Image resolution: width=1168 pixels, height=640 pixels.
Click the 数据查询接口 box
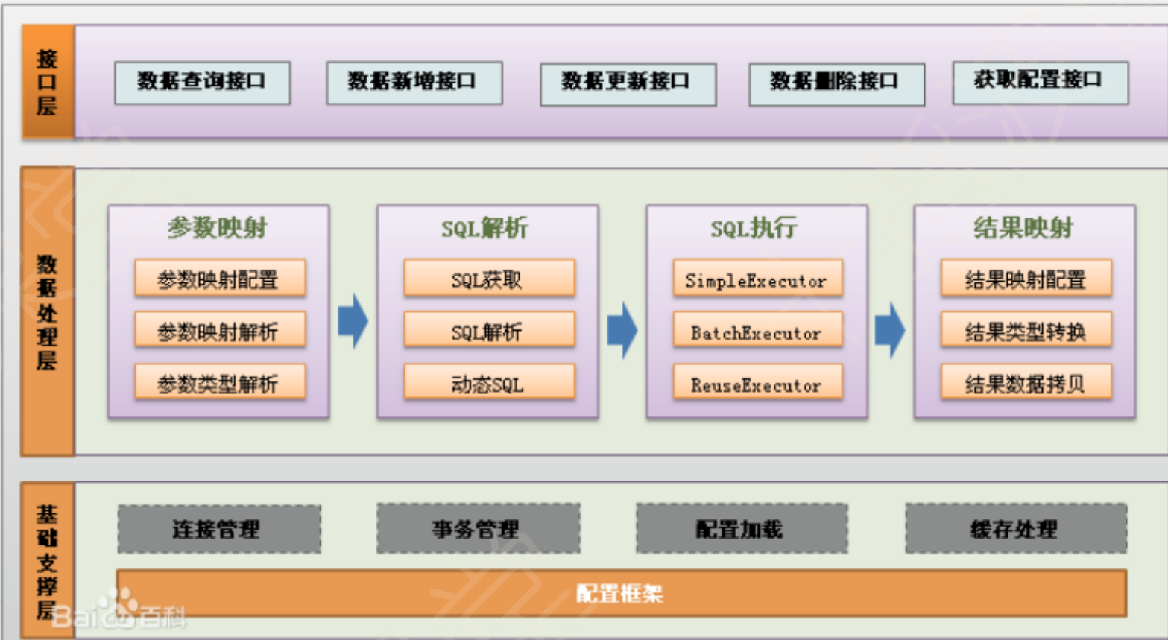pyautogui.click(x=202, y=82)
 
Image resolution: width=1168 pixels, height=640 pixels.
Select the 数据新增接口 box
pyautogui.click(x=414, y=82)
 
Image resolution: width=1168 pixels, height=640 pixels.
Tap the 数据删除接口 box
pyautogui.click(x=836, y=83)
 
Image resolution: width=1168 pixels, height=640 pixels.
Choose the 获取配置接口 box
pyautogui.click(x=1040, y=81)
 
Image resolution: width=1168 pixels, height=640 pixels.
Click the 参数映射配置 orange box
pyautogui.click(x=220, y=279)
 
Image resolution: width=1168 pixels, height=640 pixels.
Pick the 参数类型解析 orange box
pyautogui.click(x=220, y=383)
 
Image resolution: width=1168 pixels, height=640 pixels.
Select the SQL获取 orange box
pyautogui.click(x=489, y=279)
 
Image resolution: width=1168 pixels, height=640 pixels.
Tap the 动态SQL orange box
pyautogui.click(x=489, y=383)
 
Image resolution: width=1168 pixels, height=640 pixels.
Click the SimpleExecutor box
pyautogui.click(x=757, y=279)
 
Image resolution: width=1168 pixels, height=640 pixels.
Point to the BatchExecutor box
pyautogui.click(x=757, y=332)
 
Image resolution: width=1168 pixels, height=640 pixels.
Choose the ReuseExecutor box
pyautogui.click(x=757, y=383)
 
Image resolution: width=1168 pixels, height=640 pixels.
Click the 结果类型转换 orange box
pyautogui.click(x=1026, y=332)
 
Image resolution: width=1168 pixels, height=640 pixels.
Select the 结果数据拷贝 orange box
pyautogui.click(x=1026, y=383)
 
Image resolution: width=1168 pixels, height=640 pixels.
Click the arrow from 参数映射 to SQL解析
pyautogui.click(x=353, y=321)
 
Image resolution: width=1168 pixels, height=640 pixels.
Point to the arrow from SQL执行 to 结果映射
pyautogui.click(x=890, y=329)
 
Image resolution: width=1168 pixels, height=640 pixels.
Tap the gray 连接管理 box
pyautogui.click(x=219, y=529)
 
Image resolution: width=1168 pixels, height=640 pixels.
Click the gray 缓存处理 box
pyautogui.click(x=1015, y=528)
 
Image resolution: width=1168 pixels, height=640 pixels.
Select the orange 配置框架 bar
pyautogui.click(x=621, y=593)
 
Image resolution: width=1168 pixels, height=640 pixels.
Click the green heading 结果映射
pyautogui.click(x=1023, y=227)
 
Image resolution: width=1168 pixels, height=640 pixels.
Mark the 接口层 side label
pyautogui.click(x=47, y=82)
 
